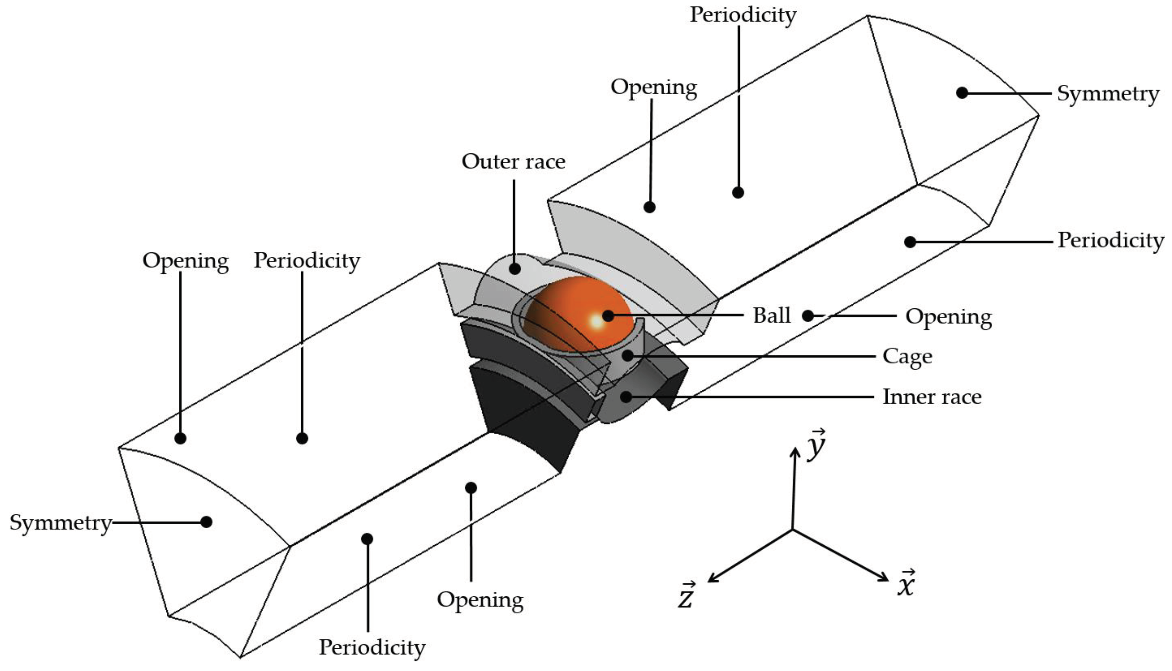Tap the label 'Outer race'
point(513,162)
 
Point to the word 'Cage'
point(907,357)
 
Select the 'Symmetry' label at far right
point(1107,94)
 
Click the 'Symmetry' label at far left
point(61,523)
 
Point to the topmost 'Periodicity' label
point(743,15)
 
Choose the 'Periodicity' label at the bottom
point(372,647)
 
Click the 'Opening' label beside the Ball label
point(949,317)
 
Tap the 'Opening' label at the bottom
point(480,599)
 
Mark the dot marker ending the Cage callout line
point(628,356)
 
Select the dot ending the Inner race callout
point(626,396)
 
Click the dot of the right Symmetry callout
point(962,93)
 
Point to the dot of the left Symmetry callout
point(206,522)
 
